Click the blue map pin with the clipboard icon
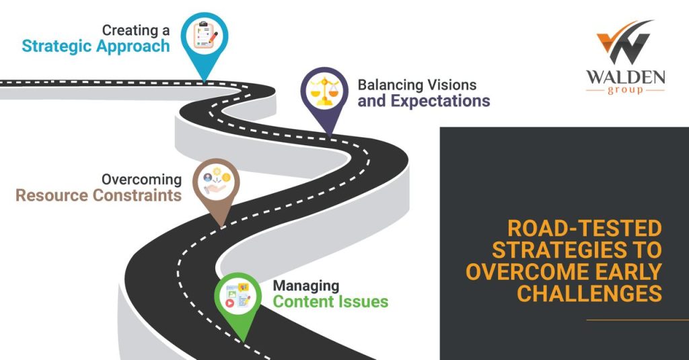pyautogui.click(x=205, y=36)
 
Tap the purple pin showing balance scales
pyautogui.click(x=325, y=91)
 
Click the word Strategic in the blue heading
pyautogui.click(x=56, y=46)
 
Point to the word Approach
pyautogui.click(x=132, y=46)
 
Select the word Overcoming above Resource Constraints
pyautogui.click(x=141, y=180)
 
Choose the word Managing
pyautogui.click(x=305, y=285)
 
